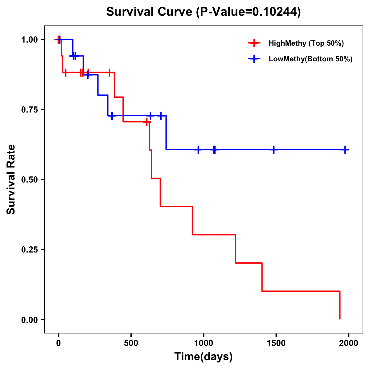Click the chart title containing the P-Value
click(203, 12)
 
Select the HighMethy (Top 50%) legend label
click(306, 43)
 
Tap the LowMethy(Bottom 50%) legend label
click(310, 59)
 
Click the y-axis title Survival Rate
click(11, 179)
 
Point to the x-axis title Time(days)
click(203, 356)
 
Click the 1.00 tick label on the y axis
click(29, 39)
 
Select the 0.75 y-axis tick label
click(29, 109)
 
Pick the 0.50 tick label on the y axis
click(29, 179)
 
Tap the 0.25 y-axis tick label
click(29, 249)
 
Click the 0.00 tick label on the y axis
click(29, 319)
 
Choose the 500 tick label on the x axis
click(131, 343)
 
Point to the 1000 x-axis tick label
click(203, 343)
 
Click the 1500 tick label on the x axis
click(276, 343)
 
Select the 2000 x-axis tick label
click(348, 343)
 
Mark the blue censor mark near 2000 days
click(345, 150)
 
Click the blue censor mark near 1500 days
click(273, 150)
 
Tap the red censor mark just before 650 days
click(147, 122)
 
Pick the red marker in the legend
click(254, 43)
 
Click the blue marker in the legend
click(254, 59)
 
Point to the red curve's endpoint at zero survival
click(340, 319)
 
